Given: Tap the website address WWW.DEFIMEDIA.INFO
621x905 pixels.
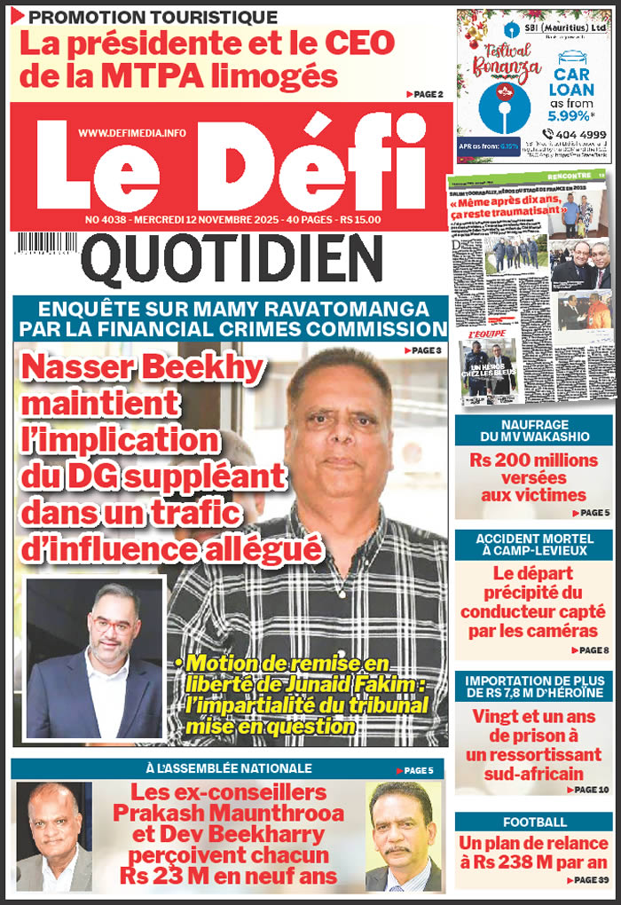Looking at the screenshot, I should click(132, 132).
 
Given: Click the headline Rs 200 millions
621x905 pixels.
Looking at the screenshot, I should click(534, 460).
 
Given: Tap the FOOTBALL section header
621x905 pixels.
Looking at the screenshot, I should click(534, 822).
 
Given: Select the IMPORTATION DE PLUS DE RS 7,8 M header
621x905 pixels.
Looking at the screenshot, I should click(534, 688).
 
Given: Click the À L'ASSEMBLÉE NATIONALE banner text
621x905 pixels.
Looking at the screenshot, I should click(228, 768).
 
